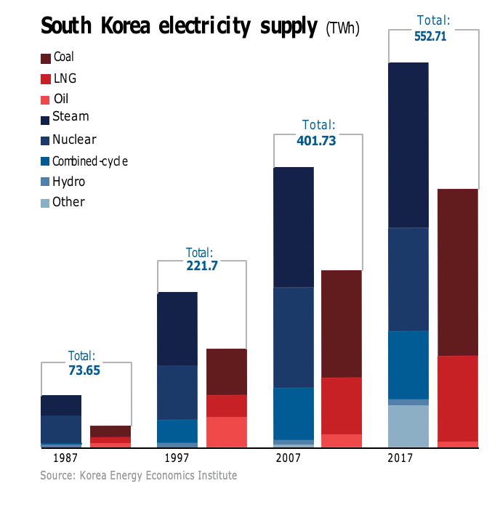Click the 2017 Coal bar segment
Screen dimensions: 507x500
point(458,272)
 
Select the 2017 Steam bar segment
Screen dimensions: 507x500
point(408,145)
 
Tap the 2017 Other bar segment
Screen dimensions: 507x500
point(408,426)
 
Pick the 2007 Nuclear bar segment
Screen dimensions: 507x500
point(294,337)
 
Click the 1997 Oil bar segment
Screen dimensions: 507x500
point(227,431)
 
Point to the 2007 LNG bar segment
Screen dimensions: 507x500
point(342,405)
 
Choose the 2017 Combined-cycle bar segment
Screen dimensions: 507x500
point(408,365)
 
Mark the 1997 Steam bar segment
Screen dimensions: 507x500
point(177,328)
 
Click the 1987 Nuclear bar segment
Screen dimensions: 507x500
point(61,429)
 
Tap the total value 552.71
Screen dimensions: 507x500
point(435,35)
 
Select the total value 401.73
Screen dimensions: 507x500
point(317,141)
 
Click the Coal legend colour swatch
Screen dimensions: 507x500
point(46,57)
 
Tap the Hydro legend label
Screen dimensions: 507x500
point(68,182)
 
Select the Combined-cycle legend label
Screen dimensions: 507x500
point(90,161)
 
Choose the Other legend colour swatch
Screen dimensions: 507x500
point(46,203)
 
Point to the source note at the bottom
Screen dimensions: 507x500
point(138,476)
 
